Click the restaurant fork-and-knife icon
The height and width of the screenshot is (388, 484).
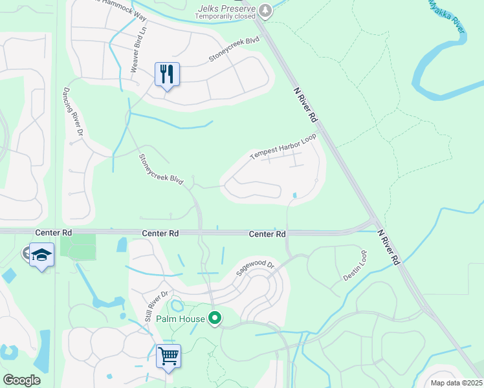(x=167, y=74)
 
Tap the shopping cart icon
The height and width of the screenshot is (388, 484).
(x=168, y=356)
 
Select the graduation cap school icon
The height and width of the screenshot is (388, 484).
(x=41, y=255)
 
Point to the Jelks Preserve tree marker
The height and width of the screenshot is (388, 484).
(x=265, y=10)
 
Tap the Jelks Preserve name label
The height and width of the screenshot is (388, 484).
(x=230, y=7)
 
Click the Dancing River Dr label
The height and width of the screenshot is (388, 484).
(x=72, y=111)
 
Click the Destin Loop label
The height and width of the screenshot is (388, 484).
(x=355, y=265)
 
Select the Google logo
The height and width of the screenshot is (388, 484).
(x=21, y=380)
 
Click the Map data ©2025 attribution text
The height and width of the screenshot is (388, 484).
(x=456, y=383)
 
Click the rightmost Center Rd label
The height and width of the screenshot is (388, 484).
(x=267, y=234)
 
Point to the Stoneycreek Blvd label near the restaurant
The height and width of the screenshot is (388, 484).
(x=234, y=49)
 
